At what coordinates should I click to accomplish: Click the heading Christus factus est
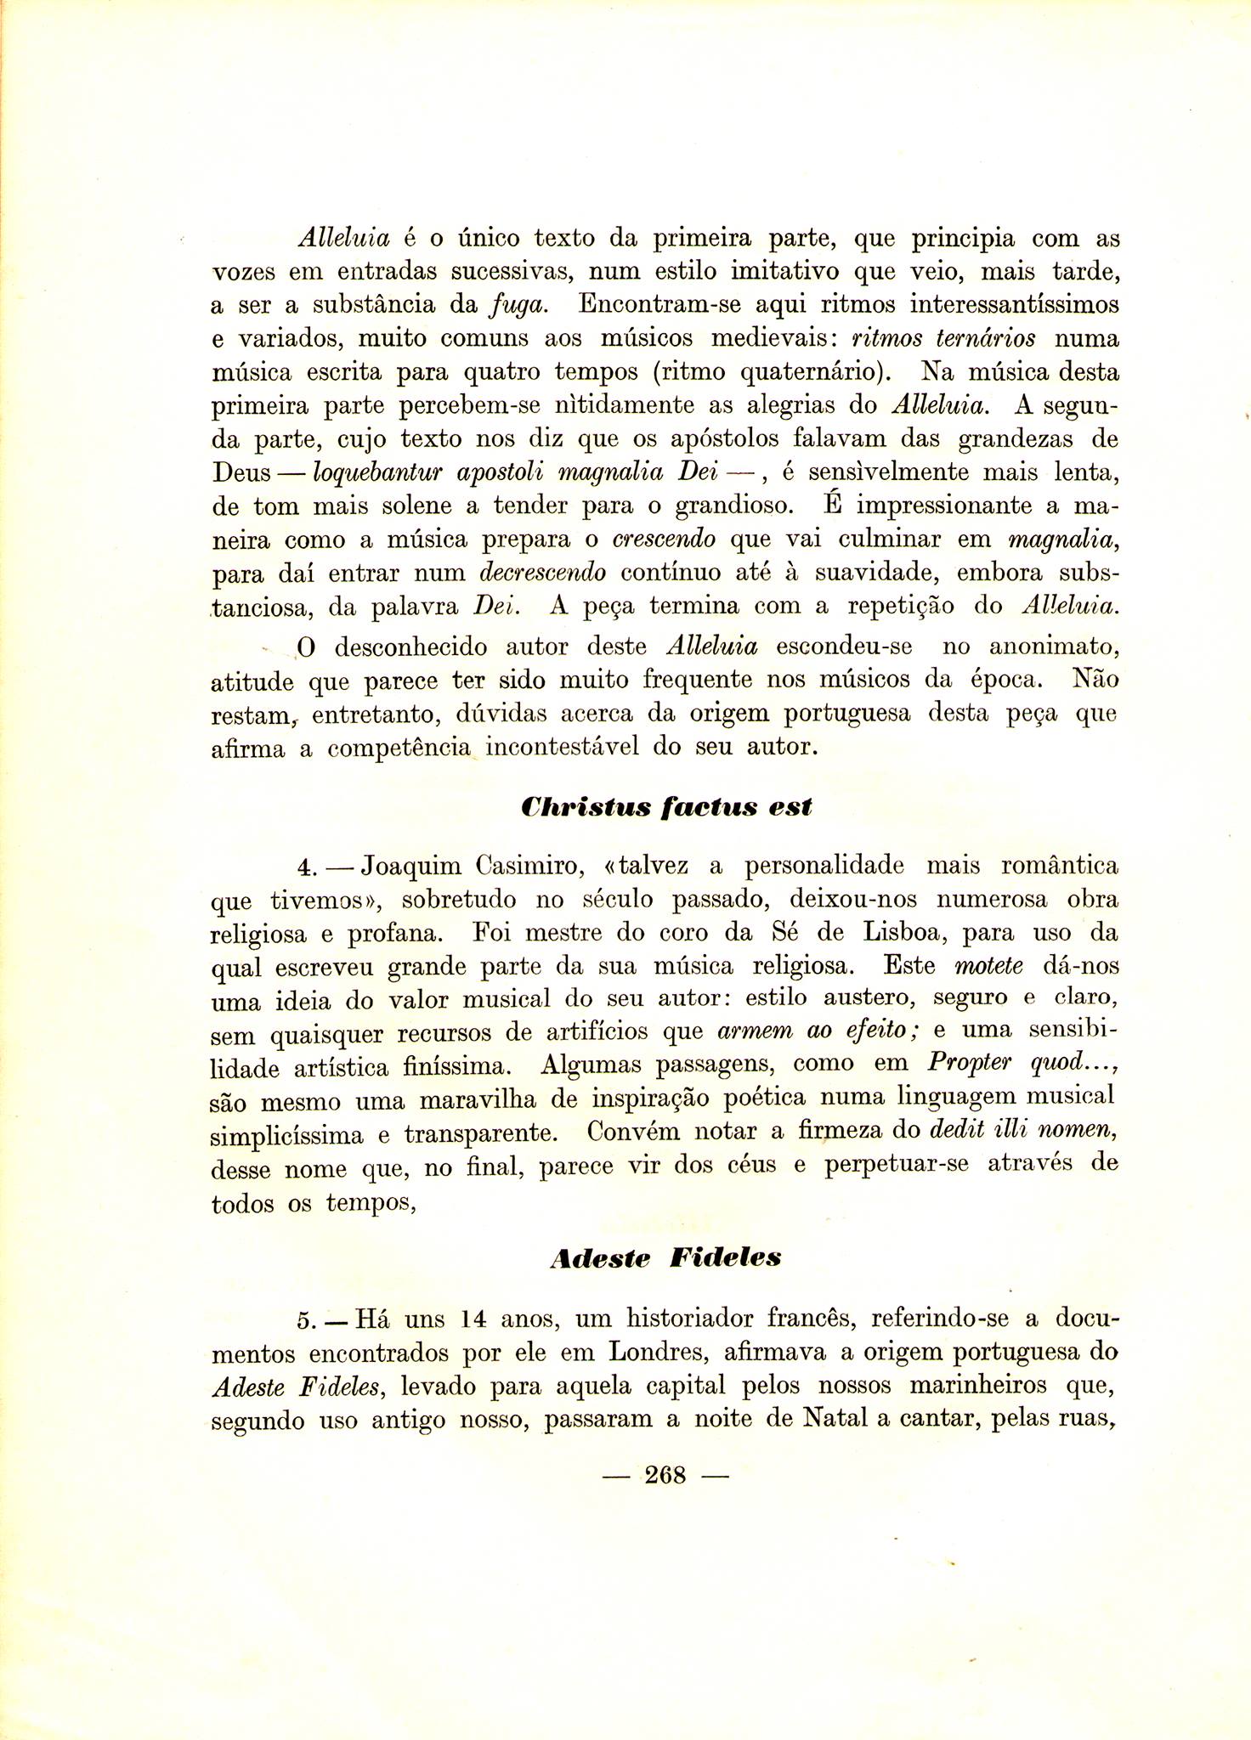click(665, 806)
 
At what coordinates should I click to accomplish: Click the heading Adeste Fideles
click(665, 1257)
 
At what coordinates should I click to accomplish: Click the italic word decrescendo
click(542, 573)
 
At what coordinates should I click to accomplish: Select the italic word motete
click(988, 966)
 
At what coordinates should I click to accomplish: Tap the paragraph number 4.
click(306, 868)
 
